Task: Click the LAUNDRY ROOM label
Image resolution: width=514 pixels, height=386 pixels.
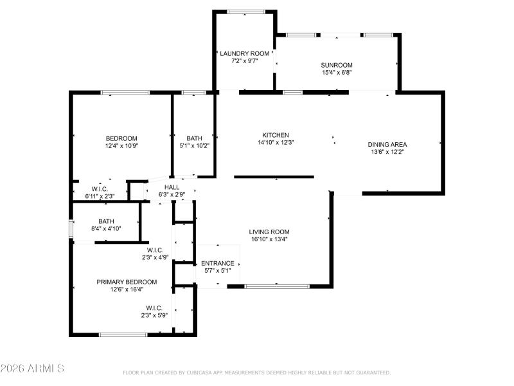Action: [x=244, y=53]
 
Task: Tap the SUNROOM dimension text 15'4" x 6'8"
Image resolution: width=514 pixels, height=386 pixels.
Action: [x=337, y=72]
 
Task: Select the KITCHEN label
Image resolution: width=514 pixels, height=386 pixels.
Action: [x=275, y=135]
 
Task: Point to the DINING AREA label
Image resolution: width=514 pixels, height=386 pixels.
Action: [x=387, y=144]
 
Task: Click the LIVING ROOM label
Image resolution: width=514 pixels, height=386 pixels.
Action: [x=269, y=232]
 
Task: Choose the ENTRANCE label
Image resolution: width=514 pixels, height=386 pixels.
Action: [x=218, y=263]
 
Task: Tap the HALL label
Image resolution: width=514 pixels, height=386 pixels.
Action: [x=172, y=187]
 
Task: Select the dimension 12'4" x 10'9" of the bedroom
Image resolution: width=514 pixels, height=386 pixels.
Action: [x=121, y=146]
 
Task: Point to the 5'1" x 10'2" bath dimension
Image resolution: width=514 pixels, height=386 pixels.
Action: [x=194, y=146]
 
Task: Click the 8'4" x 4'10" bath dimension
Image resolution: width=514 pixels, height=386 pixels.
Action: [x=106, y=228]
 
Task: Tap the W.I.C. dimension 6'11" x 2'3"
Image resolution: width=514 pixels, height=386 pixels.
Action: [x=99, y=196]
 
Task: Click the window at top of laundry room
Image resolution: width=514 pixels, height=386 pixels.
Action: [x=246, y=12]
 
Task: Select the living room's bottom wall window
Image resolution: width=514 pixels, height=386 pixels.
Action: [x=268, y=286]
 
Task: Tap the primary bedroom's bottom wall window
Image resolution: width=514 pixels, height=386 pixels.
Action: [x=123, y=334]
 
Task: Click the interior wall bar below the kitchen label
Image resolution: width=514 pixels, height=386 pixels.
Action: [x=274, y=176]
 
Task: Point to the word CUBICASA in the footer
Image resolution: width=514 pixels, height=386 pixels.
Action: [x=200, y=372]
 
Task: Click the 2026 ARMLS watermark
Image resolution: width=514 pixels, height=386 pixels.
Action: [x=32, y=369]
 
